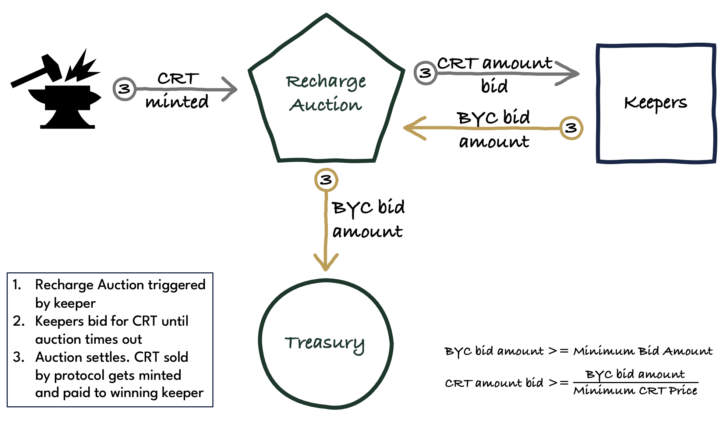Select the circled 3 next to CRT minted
click(x=124, y=89)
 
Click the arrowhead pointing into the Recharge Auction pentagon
click(x=232, y=89)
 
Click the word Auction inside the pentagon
click(x=326, y=105)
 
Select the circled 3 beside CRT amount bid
click(x=425, y=73)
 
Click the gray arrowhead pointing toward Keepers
click(x=572, y=74)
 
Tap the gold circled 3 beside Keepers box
click(x=571, y=128)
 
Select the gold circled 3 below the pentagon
click(x=326, y=180)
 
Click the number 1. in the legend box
click(x=17, y=284)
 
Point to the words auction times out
click(x=88, y=339)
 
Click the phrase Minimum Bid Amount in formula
click(x=643, y=351)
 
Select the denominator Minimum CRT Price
click(x=635, y=390)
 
